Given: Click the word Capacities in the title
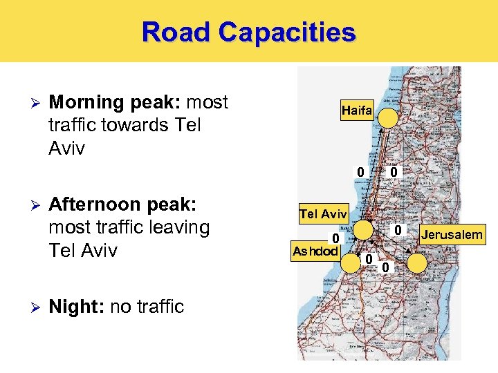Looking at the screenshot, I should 288,32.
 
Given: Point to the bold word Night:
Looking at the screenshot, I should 76,306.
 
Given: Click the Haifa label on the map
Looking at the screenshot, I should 357,111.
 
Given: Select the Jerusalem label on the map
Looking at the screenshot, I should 452,236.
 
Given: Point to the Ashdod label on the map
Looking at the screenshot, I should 315,250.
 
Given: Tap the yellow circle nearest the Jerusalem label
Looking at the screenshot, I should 417,262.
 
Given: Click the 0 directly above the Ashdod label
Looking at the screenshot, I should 335,238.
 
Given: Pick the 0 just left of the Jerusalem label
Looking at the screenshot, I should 398,229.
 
